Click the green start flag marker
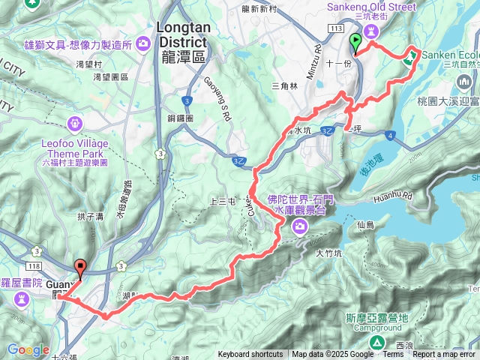(x=355, y=42)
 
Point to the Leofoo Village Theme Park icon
(x=75, y=123)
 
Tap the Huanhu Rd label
(x=397, y=196)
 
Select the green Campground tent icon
(x=378, y=342)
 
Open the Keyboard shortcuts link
(x=250, y=355)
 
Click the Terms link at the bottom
(x=393, y=355)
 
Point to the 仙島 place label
(x=365, y=224)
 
